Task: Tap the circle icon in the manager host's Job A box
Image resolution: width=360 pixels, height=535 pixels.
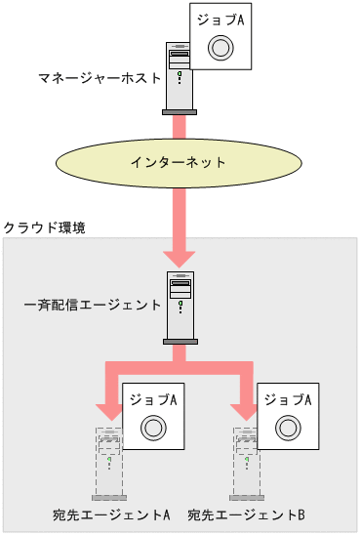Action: (221, 47)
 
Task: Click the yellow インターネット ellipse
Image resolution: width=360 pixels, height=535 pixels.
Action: (179, 162)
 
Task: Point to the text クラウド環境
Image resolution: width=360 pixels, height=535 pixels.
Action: (45, 227)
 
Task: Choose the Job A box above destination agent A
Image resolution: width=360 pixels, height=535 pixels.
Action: (152, 417)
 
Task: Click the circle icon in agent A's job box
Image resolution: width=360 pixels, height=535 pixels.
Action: (152, 428)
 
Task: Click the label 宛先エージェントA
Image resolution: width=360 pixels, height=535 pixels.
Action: (113, 514)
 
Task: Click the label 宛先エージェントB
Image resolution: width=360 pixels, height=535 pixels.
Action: (247, 514)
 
